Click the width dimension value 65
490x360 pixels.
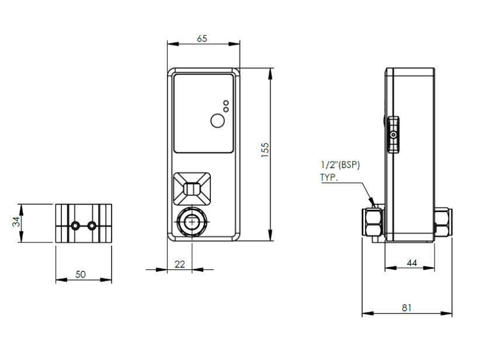click(x=202, y=39)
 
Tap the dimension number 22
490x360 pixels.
click(x=180, y=264)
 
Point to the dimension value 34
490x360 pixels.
click(x=16, y=222)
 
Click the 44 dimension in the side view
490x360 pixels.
click(x=411, y=264)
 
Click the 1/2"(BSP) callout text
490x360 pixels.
click(x=340, y=165)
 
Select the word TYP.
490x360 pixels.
click(x=328, y=177)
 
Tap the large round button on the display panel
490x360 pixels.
click(x=217, y=121)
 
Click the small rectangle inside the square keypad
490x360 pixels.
click(x=192, y=189)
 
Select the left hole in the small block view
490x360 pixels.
click(x=75, y=225)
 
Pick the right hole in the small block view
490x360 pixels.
click(x=92, y=225)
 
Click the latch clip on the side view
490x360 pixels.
click(x=394, y=135)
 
